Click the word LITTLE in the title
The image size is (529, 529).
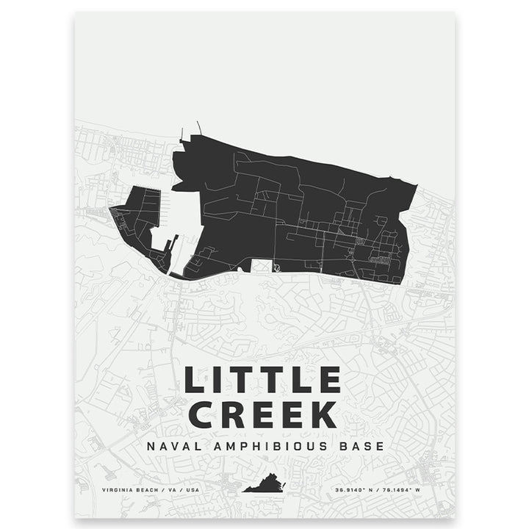(262, 381)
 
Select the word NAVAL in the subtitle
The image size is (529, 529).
(171, 446)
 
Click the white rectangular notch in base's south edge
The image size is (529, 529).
(262, 265)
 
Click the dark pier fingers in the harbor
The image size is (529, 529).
(170, 250)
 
